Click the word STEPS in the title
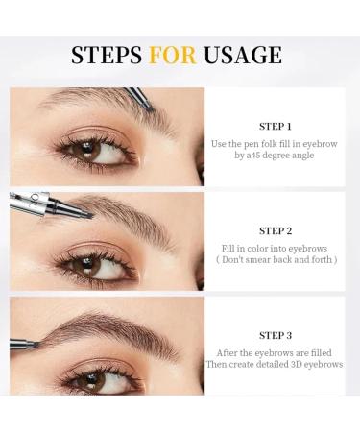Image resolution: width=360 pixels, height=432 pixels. [x=107, y=55]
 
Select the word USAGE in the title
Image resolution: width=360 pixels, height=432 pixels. [x=245, y=55]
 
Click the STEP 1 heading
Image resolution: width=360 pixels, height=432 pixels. [x=276, y=126]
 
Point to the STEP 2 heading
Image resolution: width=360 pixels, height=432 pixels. [x=276, y=230]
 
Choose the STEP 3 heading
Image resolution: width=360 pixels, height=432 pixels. [x=276, y=335]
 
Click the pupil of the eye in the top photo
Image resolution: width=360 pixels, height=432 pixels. [x=82, y=151]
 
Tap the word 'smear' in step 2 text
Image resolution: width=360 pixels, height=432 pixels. [x=271, y=258]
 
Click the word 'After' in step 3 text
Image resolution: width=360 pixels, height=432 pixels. [x=228, y=352]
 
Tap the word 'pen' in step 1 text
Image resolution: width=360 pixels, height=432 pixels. [x=253, y=143]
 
